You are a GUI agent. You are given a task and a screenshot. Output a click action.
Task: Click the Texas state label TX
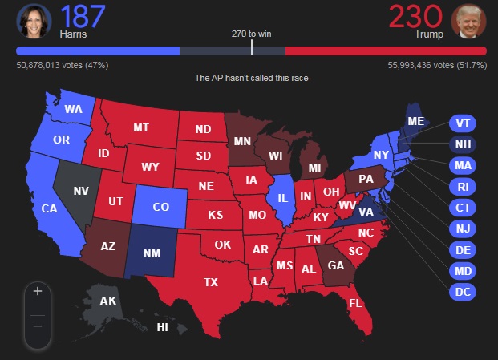point(211,282)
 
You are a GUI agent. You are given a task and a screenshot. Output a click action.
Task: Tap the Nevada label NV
point(81,192)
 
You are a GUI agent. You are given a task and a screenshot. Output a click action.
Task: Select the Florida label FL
point(355,305)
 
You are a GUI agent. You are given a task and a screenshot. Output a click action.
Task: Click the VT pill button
point(463,123)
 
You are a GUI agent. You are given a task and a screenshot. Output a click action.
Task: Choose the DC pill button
point(463,292)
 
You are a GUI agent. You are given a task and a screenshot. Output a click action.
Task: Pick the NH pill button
point(463,144)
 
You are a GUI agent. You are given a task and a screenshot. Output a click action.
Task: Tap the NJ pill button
point(463,229)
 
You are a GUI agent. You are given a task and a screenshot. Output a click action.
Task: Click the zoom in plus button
point(37,291)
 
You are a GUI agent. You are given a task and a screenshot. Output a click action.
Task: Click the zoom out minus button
point(37,326)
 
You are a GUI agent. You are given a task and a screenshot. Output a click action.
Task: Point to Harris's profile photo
point(32,21)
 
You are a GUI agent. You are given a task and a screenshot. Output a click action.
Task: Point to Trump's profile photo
point(468,21)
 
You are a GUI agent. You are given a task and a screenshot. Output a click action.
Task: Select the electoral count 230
point(415,16)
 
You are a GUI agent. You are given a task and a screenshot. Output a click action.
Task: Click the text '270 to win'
point(252,34)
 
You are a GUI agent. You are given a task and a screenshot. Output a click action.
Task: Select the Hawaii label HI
point(162,327)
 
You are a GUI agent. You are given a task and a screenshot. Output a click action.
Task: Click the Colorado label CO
point(160,207)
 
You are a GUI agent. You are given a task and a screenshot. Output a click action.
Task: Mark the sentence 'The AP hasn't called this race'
point(252,78)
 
